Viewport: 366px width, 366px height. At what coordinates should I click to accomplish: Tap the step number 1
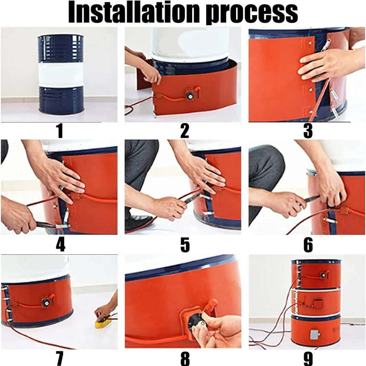tap(60, 131)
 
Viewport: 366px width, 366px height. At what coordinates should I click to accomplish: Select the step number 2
tap(185, 131)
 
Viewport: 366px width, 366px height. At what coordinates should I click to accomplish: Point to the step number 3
tap(308, 131)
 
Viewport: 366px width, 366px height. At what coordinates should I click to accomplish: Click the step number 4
tap(60, 245)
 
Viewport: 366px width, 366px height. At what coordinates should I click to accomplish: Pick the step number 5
tap(185, 245)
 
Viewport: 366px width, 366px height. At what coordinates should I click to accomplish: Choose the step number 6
tap(308, 245)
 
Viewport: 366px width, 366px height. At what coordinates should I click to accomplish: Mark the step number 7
tap(59, 359)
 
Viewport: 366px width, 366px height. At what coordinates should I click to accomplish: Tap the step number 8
tap(185, 359)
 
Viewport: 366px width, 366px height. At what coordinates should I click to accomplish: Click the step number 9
tap(308, 359)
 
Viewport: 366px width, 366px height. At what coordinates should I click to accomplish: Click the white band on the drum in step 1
tap(60, 74)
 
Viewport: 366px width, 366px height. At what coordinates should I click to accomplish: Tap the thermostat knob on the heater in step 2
tap(188, 95)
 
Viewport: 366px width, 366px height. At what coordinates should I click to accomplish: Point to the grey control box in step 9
tap(314, 334)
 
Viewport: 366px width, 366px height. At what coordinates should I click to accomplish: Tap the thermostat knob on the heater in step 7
tap(45, 303)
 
